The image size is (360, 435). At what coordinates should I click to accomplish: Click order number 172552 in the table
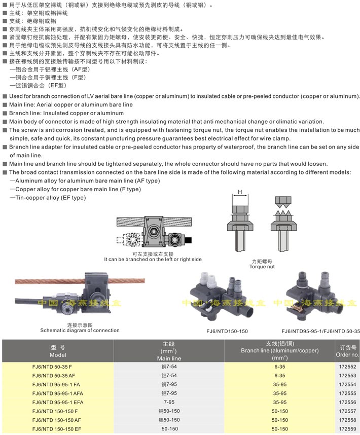(x=346, y=366)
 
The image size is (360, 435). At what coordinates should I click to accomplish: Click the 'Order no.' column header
(x=347, y=351)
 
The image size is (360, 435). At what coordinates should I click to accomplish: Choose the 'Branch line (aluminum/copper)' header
(x=279, y=350)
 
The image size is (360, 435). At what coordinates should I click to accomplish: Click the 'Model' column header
(x=58, y=351)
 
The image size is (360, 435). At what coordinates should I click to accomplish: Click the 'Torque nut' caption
(x=262, y=266)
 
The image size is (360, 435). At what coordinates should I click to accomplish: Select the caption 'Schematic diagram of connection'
(x=80, y=330)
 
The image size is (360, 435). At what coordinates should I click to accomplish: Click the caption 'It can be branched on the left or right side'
(x=153, y=259)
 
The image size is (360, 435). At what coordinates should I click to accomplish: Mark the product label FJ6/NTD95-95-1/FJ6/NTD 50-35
(x=320, y=331)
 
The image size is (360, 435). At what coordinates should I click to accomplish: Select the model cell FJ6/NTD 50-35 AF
(x=53, y=375)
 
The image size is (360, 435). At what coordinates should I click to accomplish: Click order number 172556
(x=346, y=401)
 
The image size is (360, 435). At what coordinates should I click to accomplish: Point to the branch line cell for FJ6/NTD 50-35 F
(x=279, y=366)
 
